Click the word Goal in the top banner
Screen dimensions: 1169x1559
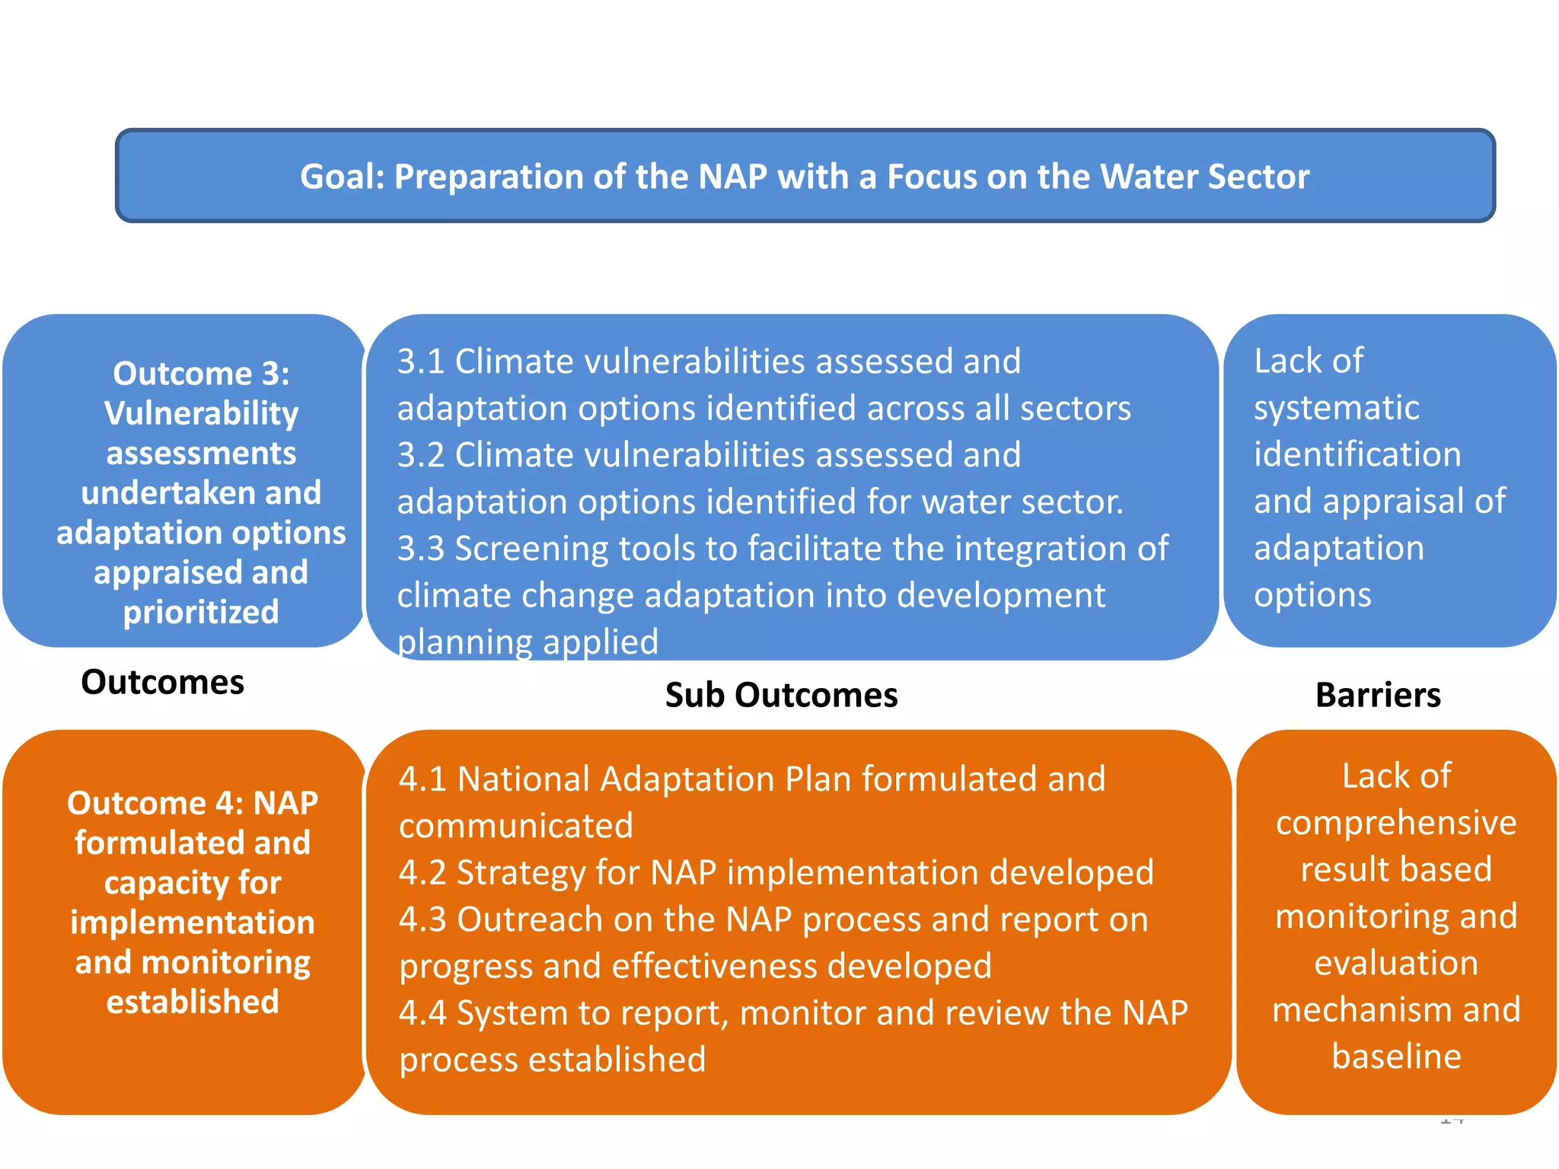point(342,177)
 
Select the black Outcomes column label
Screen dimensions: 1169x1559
point(162,682)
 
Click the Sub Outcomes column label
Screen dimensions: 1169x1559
point(781,695)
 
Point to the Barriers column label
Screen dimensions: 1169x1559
point(1378,695)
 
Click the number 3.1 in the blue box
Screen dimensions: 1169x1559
point(420,362)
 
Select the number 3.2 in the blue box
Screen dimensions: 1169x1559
point(420,455)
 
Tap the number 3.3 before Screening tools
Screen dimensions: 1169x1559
point(420,549)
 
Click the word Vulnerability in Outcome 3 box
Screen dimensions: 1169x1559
point(201,414)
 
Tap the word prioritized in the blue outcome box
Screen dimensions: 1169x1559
point(201,612)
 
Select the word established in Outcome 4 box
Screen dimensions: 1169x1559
point(193,1002)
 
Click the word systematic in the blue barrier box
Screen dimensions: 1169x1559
point(1336,408)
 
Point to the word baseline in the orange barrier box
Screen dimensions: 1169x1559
point(1396,1056)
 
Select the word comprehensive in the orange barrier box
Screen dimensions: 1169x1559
point(1396,823)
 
